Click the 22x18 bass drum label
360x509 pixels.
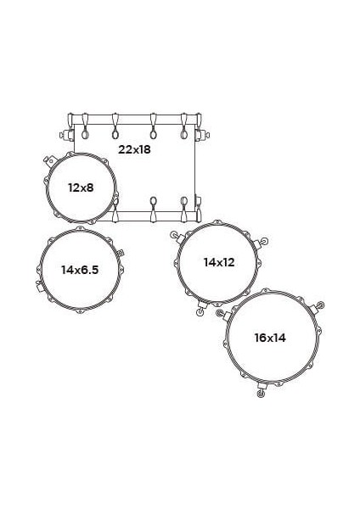click(x=134, y=149)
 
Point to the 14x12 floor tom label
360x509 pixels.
click(x=218, y=262)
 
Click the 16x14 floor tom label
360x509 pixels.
click(x=270, y=337)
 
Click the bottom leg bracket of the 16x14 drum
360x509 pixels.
click(x=261, y=389)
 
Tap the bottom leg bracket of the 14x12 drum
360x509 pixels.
click(x=201, y=309)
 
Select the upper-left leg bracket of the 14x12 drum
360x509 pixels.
click(x=176, y=236)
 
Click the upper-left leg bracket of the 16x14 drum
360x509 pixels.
click(x=222, y=314)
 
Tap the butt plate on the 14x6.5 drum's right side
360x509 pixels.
click(x=122, y=252)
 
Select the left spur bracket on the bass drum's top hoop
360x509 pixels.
click(x=64, y=134)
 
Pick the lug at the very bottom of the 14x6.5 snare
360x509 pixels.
click(x=80, y=312)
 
